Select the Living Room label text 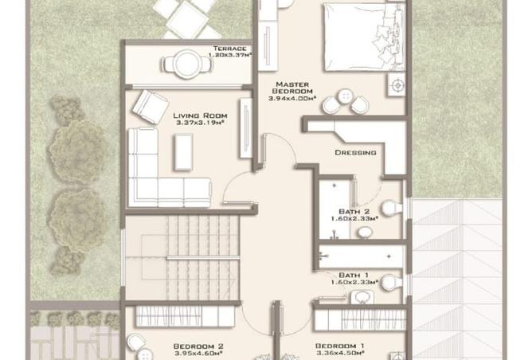coord(194,115)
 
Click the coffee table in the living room coord(183,151)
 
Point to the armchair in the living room coord(150,106)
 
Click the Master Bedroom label coord(292,88)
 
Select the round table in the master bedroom coord(346,95)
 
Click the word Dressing coord(354,152)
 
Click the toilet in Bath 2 coord(390,208)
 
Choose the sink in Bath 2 coord(363,232)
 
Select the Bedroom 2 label coord(198,346)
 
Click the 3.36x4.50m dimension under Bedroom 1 coord(339,354)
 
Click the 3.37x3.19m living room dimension coord(194,125)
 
